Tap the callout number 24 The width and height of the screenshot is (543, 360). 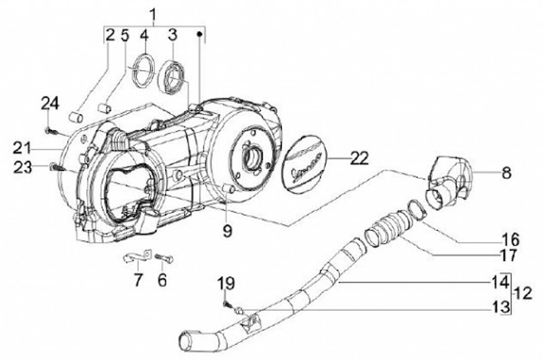coord(50,103)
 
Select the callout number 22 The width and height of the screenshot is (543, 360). coord(360,158)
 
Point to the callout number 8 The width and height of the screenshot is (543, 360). coord(506,172)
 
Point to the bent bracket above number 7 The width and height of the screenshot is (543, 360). coord(136,257)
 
